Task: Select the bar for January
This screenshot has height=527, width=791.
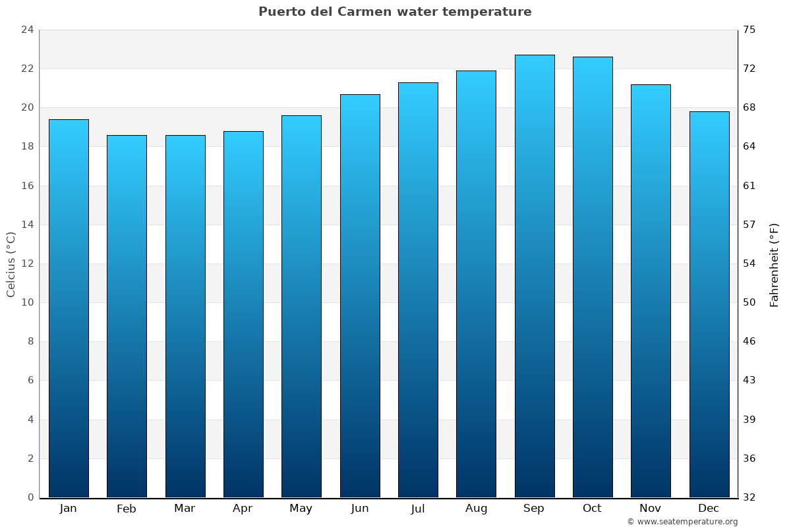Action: (69, 308)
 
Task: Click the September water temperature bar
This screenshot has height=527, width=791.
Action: (535, 277)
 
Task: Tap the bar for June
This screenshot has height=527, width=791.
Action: (360, 296)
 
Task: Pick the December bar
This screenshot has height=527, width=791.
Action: (709, 304)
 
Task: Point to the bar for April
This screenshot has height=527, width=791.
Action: (243, 314)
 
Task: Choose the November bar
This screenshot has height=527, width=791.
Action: (651, 291)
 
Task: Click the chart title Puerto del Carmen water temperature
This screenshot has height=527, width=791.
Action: (395, 12)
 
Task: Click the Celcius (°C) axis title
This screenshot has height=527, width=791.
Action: (11, 263)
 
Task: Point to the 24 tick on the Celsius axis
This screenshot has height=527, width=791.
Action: (27, 30)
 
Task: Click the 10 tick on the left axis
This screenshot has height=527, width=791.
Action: (27, 302)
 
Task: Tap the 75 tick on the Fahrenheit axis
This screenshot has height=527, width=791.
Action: (749, 30)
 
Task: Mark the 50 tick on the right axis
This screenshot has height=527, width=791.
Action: (749, 302)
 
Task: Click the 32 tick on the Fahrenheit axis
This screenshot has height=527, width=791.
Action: (749, 497)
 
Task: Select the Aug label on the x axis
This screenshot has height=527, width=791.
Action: (476, 509)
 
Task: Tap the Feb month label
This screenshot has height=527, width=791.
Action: (126, 509)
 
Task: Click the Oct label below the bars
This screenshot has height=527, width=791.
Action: (592, 509)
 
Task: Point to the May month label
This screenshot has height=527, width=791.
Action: (301, 509)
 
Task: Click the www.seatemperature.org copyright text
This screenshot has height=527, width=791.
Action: (682, 522)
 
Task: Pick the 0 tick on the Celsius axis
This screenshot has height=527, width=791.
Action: (30, 497)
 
